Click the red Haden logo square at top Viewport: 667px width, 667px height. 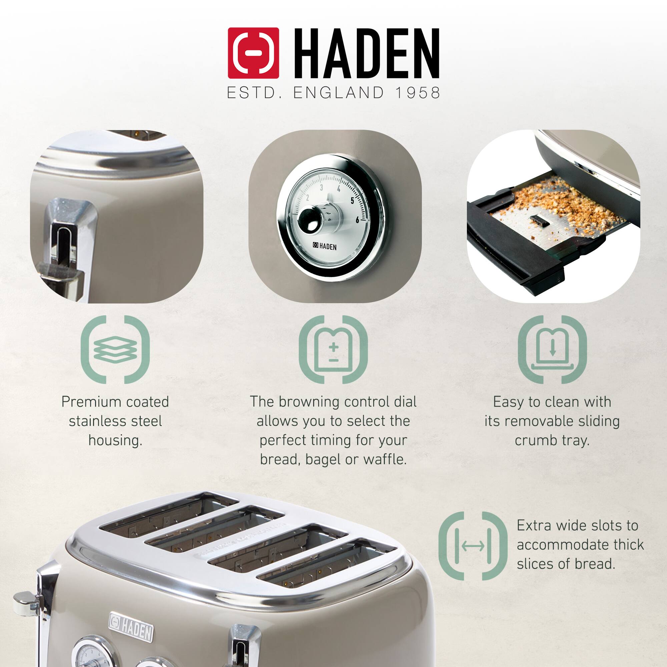[253, 53]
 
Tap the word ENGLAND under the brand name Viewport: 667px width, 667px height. [338, 93]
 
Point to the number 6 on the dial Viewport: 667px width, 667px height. [357, 220]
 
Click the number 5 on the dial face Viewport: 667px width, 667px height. [352, 200]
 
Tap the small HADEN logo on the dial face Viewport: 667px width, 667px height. [324, 246]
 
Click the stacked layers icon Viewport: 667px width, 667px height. [115, 349]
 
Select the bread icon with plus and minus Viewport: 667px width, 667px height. [333, 349]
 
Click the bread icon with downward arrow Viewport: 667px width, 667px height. [552, 349]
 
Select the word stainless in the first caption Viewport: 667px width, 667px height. [95, 421]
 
